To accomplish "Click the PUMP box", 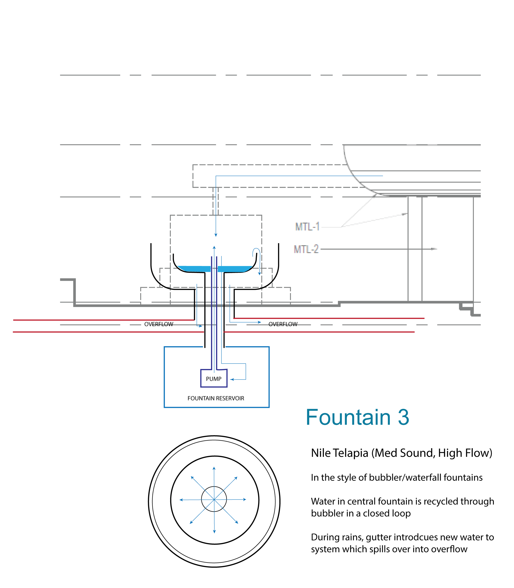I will pos(214,379).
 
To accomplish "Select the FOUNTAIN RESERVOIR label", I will pos(216,398).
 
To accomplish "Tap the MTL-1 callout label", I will pos(307,227).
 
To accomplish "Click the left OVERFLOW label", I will pos(159,324).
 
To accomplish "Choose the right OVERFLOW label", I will pos(283,324).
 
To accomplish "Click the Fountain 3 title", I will pos(357,418).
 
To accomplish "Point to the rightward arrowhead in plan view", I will pos(244,499).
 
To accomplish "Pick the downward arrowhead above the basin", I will pos(216,235).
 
